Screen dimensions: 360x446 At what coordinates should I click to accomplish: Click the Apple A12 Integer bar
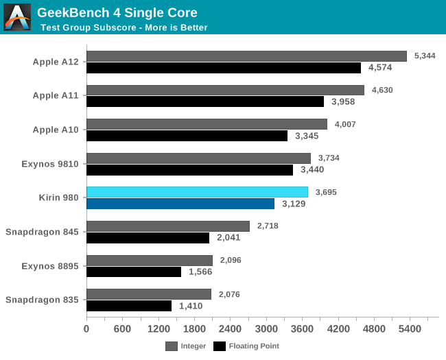[246, 56]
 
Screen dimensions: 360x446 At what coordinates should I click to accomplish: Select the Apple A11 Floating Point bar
[205, 101]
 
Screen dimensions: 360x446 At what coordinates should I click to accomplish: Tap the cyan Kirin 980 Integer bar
[197, 192]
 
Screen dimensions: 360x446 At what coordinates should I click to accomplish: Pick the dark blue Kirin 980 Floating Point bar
[180, 204]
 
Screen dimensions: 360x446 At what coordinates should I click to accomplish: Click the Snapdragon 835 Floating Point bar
[129, 305]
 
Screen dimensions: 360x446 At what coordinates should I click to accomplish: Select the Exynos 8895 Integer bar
[150, 260]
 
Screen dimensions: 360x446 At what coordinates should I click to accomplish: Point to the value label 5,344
[424, 56]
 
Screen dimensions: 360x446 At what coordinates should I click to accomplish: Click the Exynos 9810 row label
[50, 164]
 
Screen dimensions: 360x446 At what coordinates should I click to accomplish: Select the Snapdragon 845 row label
[42, 232]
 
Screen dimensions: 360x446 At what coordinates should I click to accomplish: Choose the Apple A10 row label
[56, 130]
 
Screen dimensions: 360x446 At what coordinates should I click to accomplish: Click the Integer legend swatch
[171, 346]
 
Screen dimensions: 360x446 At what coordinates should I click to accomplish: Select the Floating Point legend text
[254, 346]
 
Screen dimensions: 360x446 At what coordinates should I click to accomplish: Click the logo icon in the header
[17, 17]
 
